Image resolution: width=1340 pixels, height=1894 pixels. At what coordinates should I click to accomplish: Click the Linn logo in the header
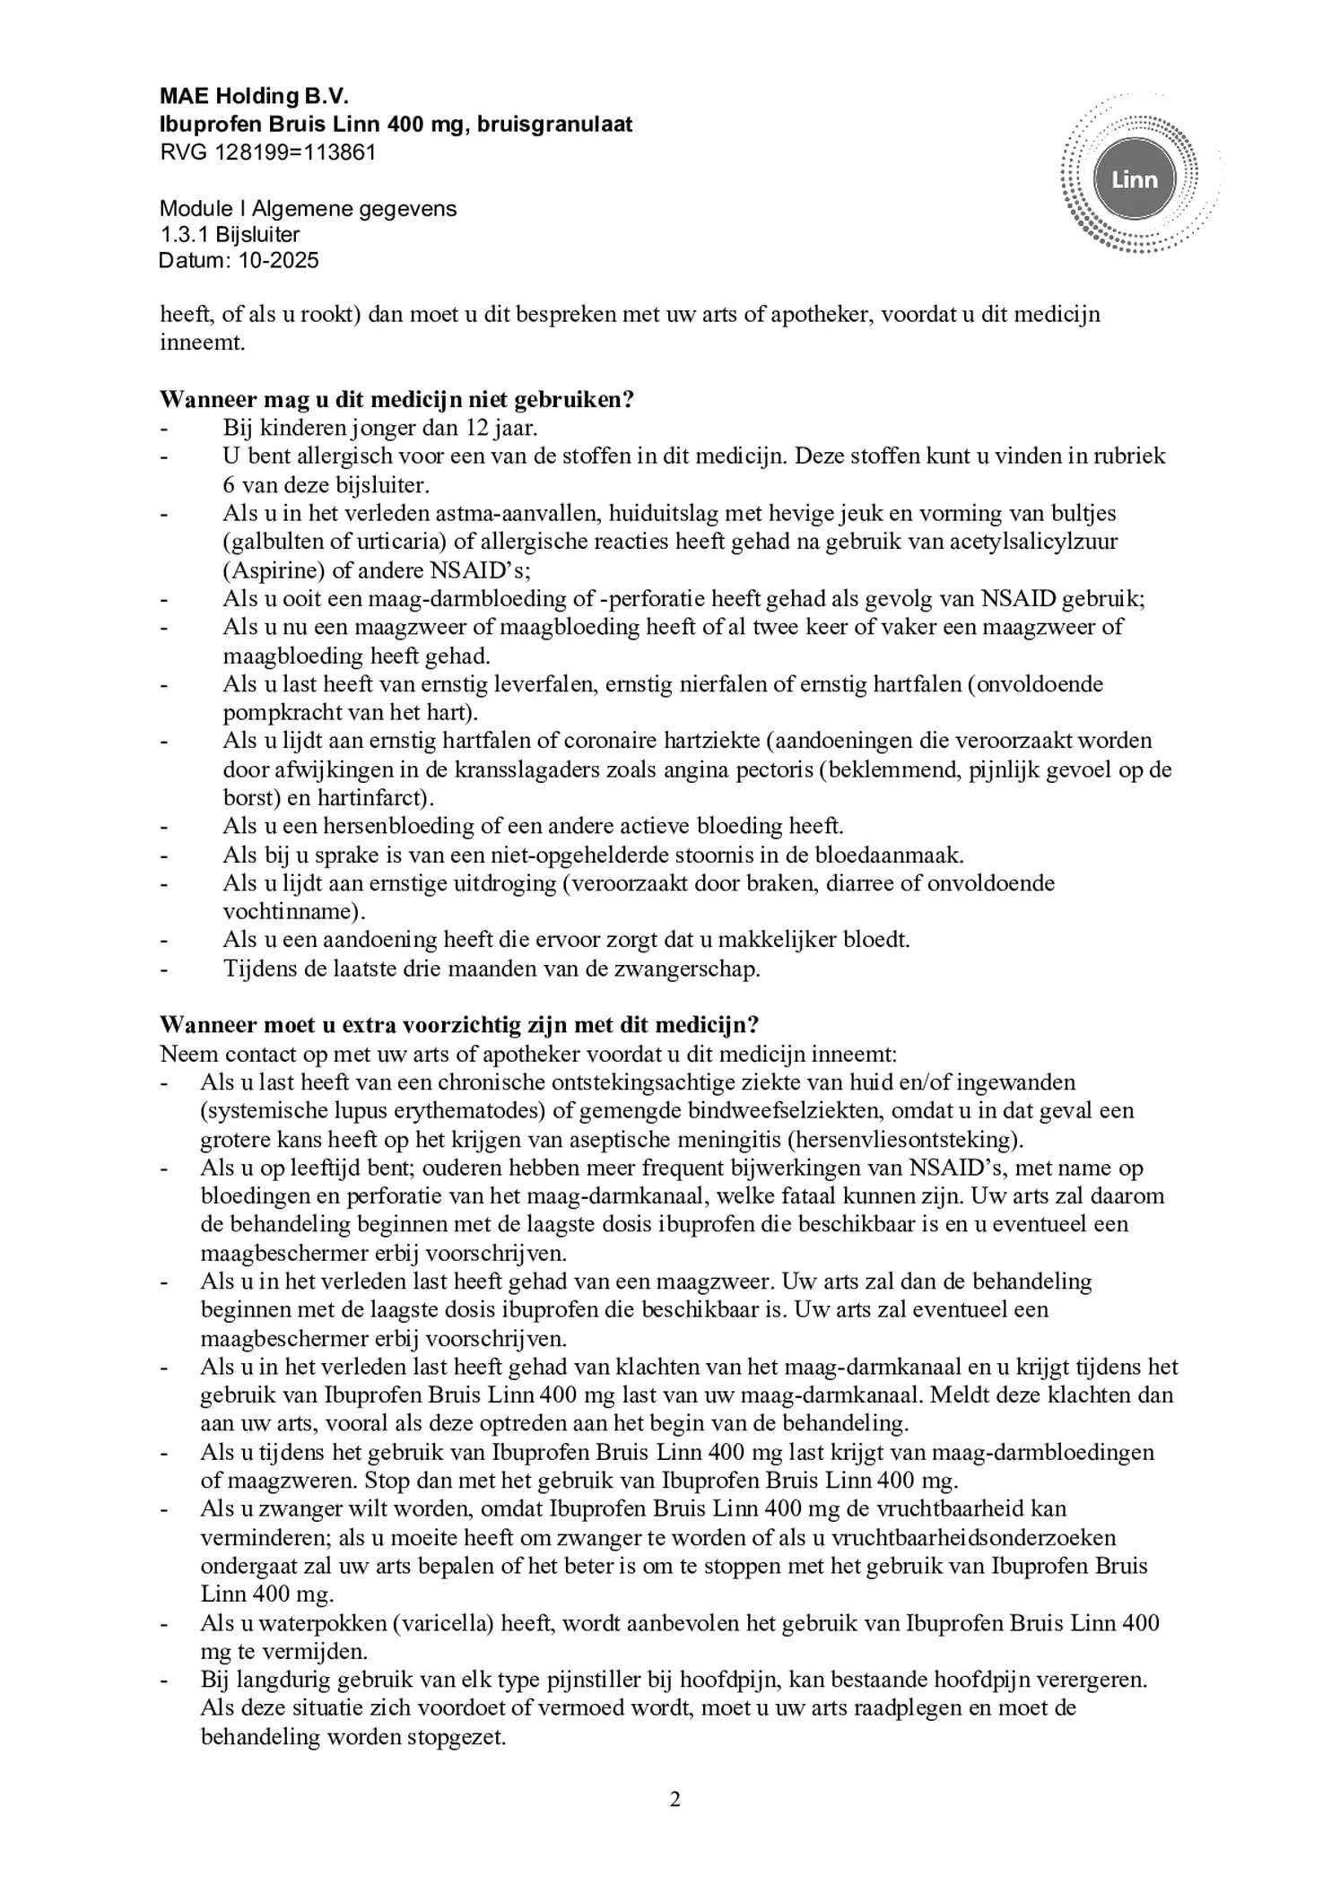point(1134,180)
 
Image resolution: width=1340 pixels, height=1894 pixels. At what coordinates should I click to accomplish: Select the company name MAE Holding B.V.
point(254,97)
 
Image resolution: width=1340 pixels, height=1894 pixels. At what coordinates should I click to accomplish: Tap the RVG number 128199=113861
point(296,152)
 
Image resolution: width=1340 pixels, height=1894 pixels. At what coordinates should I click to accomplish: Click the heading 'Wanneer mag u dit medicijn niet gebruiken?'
point(397,399)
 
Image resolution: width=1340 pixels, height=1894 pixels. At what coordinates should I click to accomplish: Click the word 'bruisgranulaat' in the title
point(555,125)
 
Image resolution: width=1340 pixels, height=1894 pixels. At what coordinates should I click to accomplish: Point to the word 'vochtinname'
point(288,912)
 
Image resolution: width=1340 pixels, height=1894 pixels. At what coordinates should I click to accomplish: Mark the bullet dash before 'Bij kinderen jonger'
point(164,429)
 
